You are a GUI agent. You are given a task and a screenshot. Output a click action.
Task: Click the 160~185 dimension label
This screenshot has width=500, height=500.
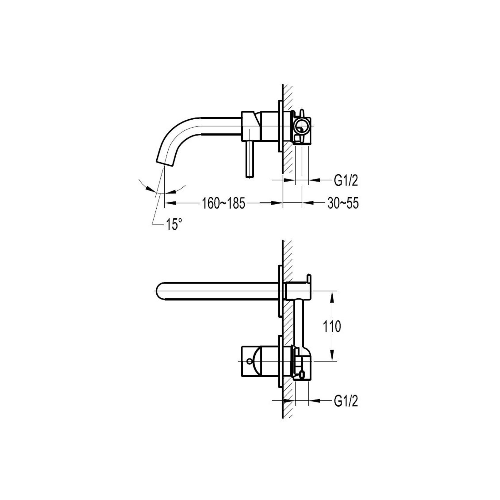[223, 204]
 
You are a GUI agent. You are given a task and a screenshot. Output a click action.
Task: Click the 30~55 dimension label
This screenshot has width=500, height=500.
[343, 204]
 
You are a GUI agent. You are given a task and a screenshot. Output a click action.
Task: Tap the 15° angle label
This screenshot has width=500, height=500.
[174, 224]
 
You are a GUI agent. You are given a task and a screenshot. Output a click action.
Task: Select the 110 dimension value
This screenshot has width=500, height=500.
[332, 326]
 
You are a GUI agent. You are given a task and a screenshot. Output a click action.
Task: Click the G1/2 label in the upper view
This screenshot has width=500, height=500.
[346, 181]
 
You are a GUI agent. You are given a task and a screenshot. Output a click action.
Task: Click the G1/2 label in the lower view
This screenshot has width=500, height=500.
[346, 401]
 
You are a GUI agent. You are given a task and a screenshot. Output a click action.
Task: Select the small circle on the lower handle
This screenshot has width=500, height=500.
[249, 361]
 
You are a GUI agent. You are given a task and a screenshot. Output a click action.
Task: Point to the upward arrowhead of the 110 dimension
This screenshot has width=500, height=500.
[332, 296]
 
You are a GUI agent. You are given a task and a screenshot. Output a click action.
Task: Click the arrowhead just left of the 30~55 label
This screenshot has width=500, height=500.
[307, 203]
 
